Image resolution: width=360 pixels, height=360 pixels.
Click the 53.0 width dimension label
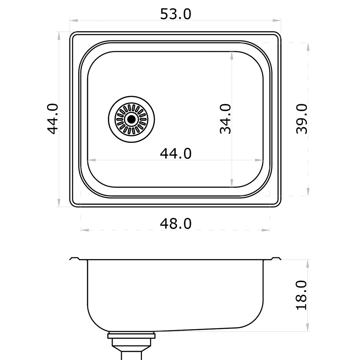175,14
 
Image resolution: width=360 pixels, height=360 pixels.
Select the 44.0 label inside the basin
175,154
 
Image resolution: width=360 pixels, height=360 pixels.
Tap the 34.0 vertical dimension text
225,119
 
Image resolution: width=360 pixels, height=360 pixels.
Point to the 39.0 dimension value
302,119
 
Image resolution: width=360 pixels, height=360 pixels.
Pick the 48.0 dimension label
175,223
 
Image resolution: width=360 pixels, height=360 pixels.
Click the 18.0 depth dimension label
302,295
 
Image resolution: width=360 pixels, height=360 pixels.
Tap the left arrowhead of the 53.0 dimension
74,21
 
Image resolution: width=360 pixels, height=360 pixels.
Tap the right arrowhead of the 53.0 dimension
277,21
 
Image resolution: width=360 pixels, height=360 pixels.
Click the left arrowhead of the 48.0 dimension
85,230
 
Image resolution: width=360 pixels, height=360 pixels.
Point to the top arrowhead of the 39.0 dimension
308,46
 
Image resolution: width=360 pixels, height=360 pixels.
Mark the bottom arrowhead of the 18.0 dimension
308,328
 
